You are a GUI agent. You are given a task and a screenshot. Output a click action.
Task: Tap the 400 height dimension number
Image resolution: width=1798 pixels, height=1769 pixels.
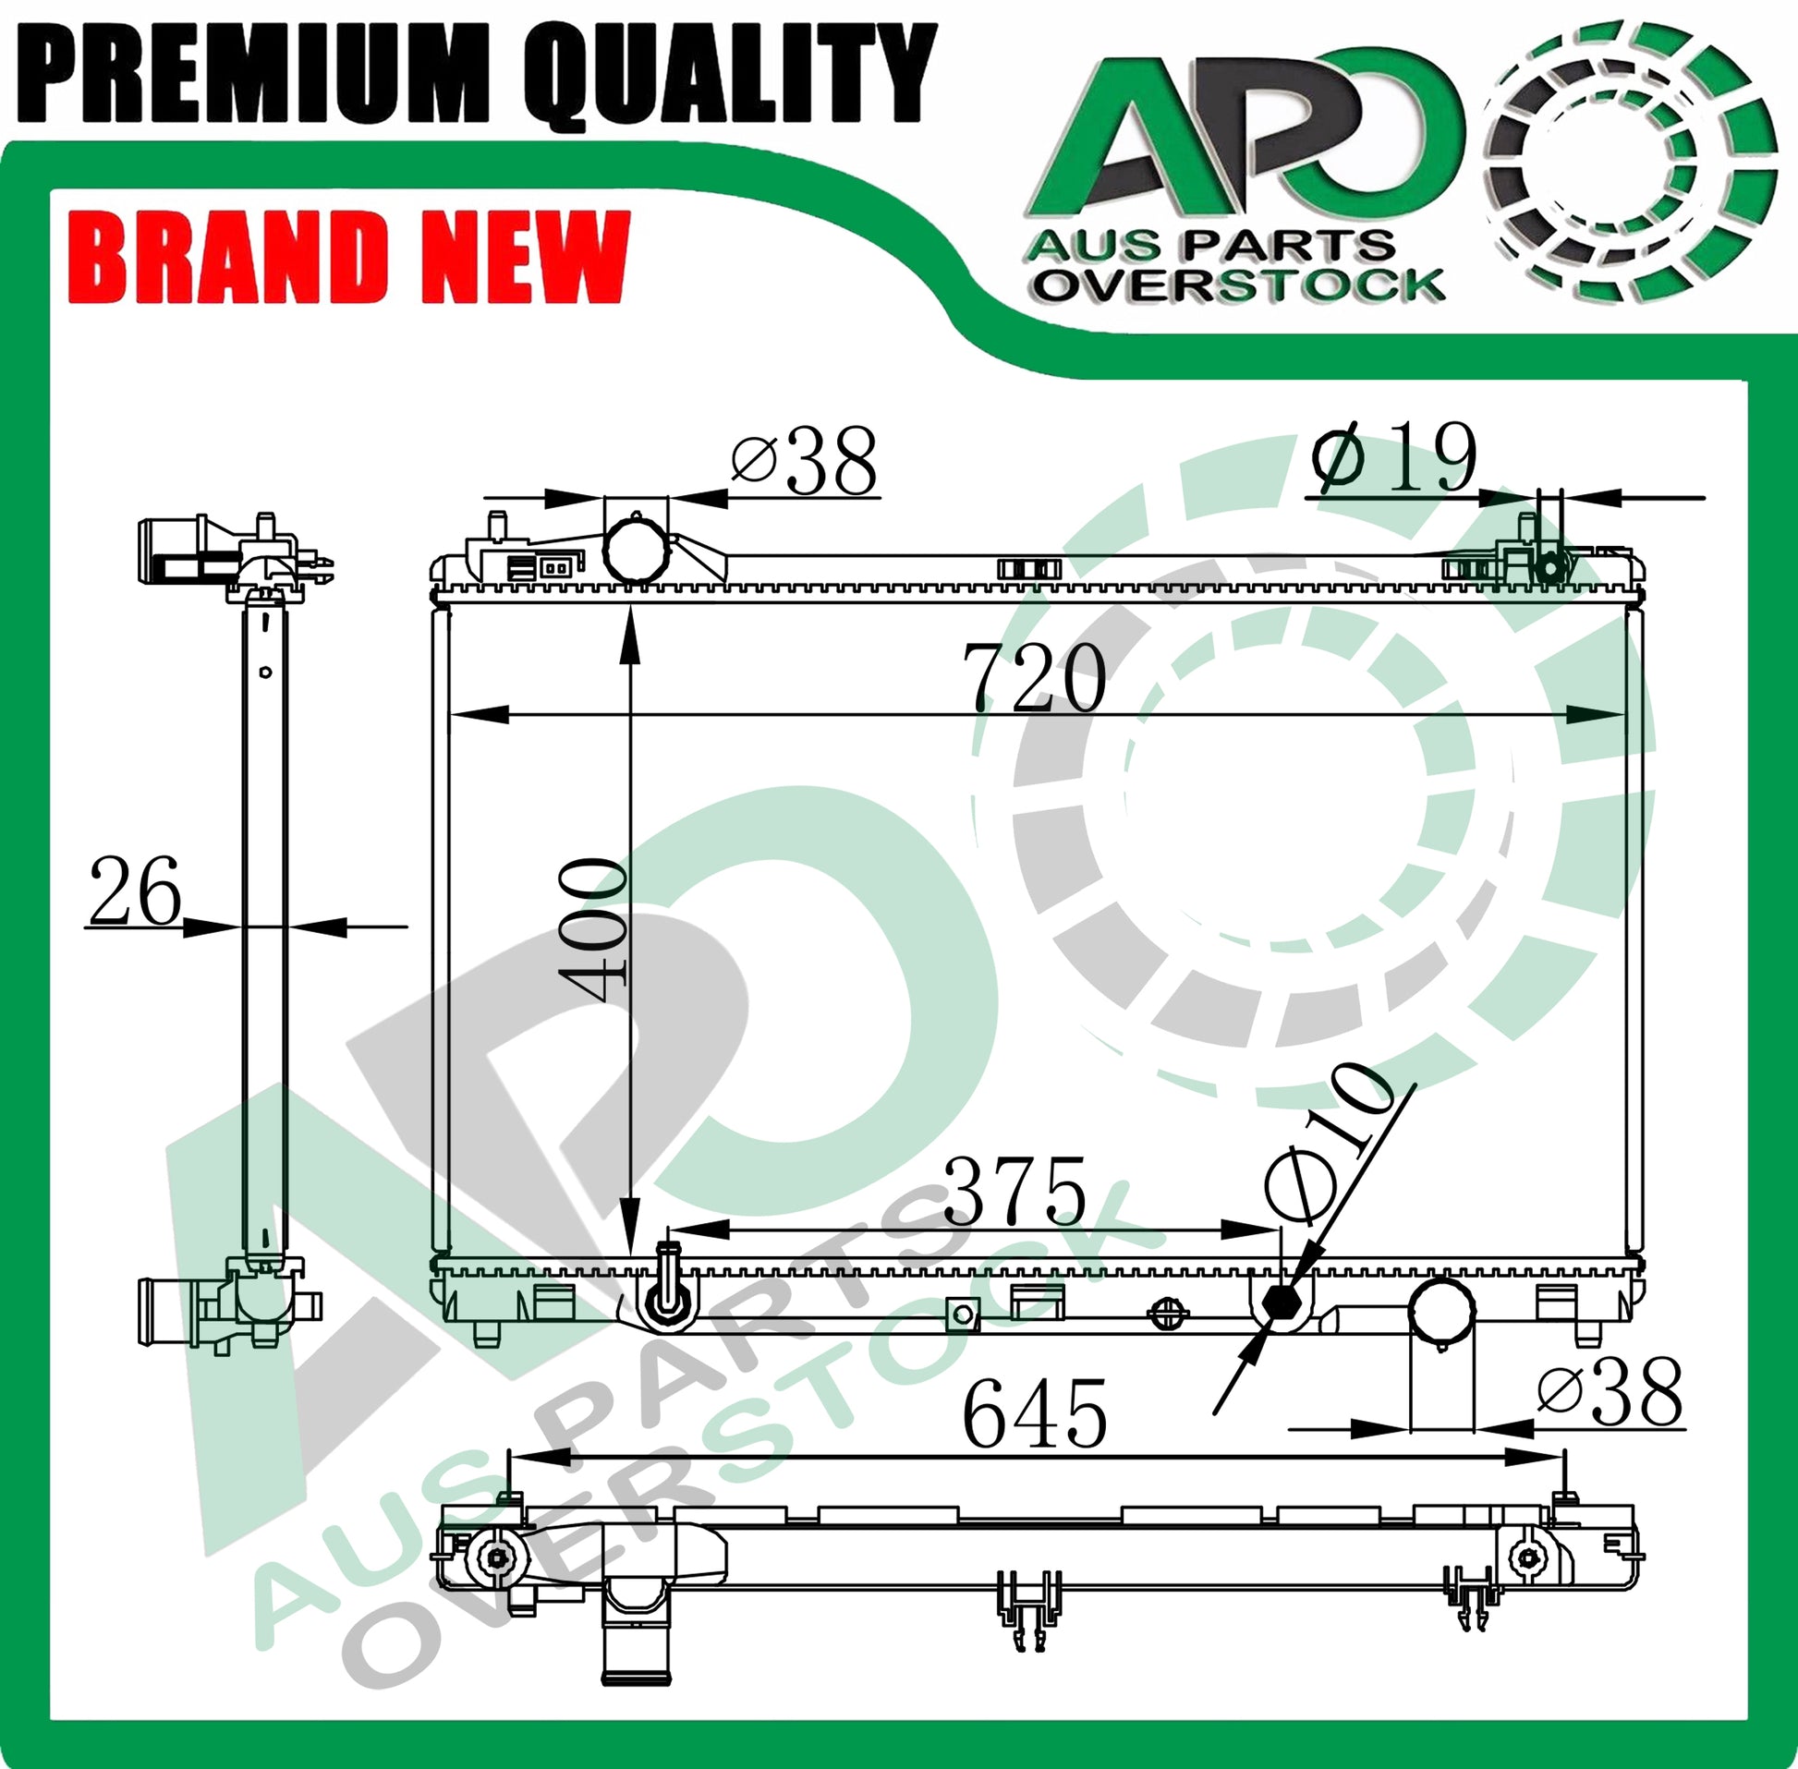591,932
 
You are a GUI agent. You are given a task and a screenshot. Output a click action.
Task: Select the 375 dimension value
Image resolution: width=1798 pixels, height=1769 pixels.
1014,1191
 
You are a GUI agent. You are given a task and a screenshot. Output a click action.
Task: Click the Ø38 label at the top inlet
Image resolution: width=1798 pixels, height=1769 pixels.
804,461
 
